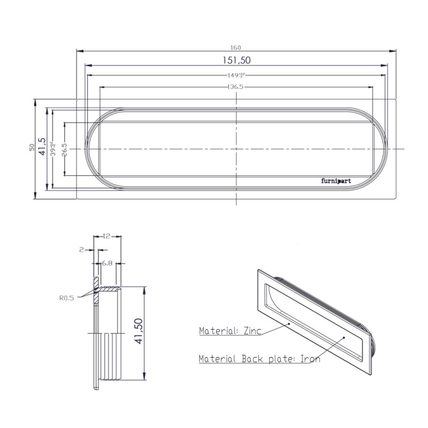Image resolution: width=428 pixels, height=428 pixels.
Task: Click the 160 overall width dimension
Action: (236, 47)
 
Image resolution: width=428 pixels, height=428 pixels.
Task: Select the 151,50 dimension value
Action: (236, 60)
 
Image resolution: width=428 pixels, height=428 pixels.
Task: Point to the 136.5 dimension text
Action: (235, 87)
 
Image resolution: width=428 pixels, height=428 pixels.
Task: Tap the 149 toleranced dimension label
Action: (235, 75)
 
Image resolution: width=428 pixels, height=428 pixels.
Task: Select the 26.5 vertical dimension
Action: (64, 148)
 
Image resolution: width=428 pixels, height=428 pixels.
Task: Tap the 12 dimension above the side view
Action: (108, 236)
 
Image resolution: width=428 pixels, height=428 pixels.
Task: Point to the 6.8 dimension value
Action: (106, 263)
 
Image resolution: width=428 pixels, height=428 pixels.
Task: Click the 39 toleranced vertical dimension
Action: (52, 148)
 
